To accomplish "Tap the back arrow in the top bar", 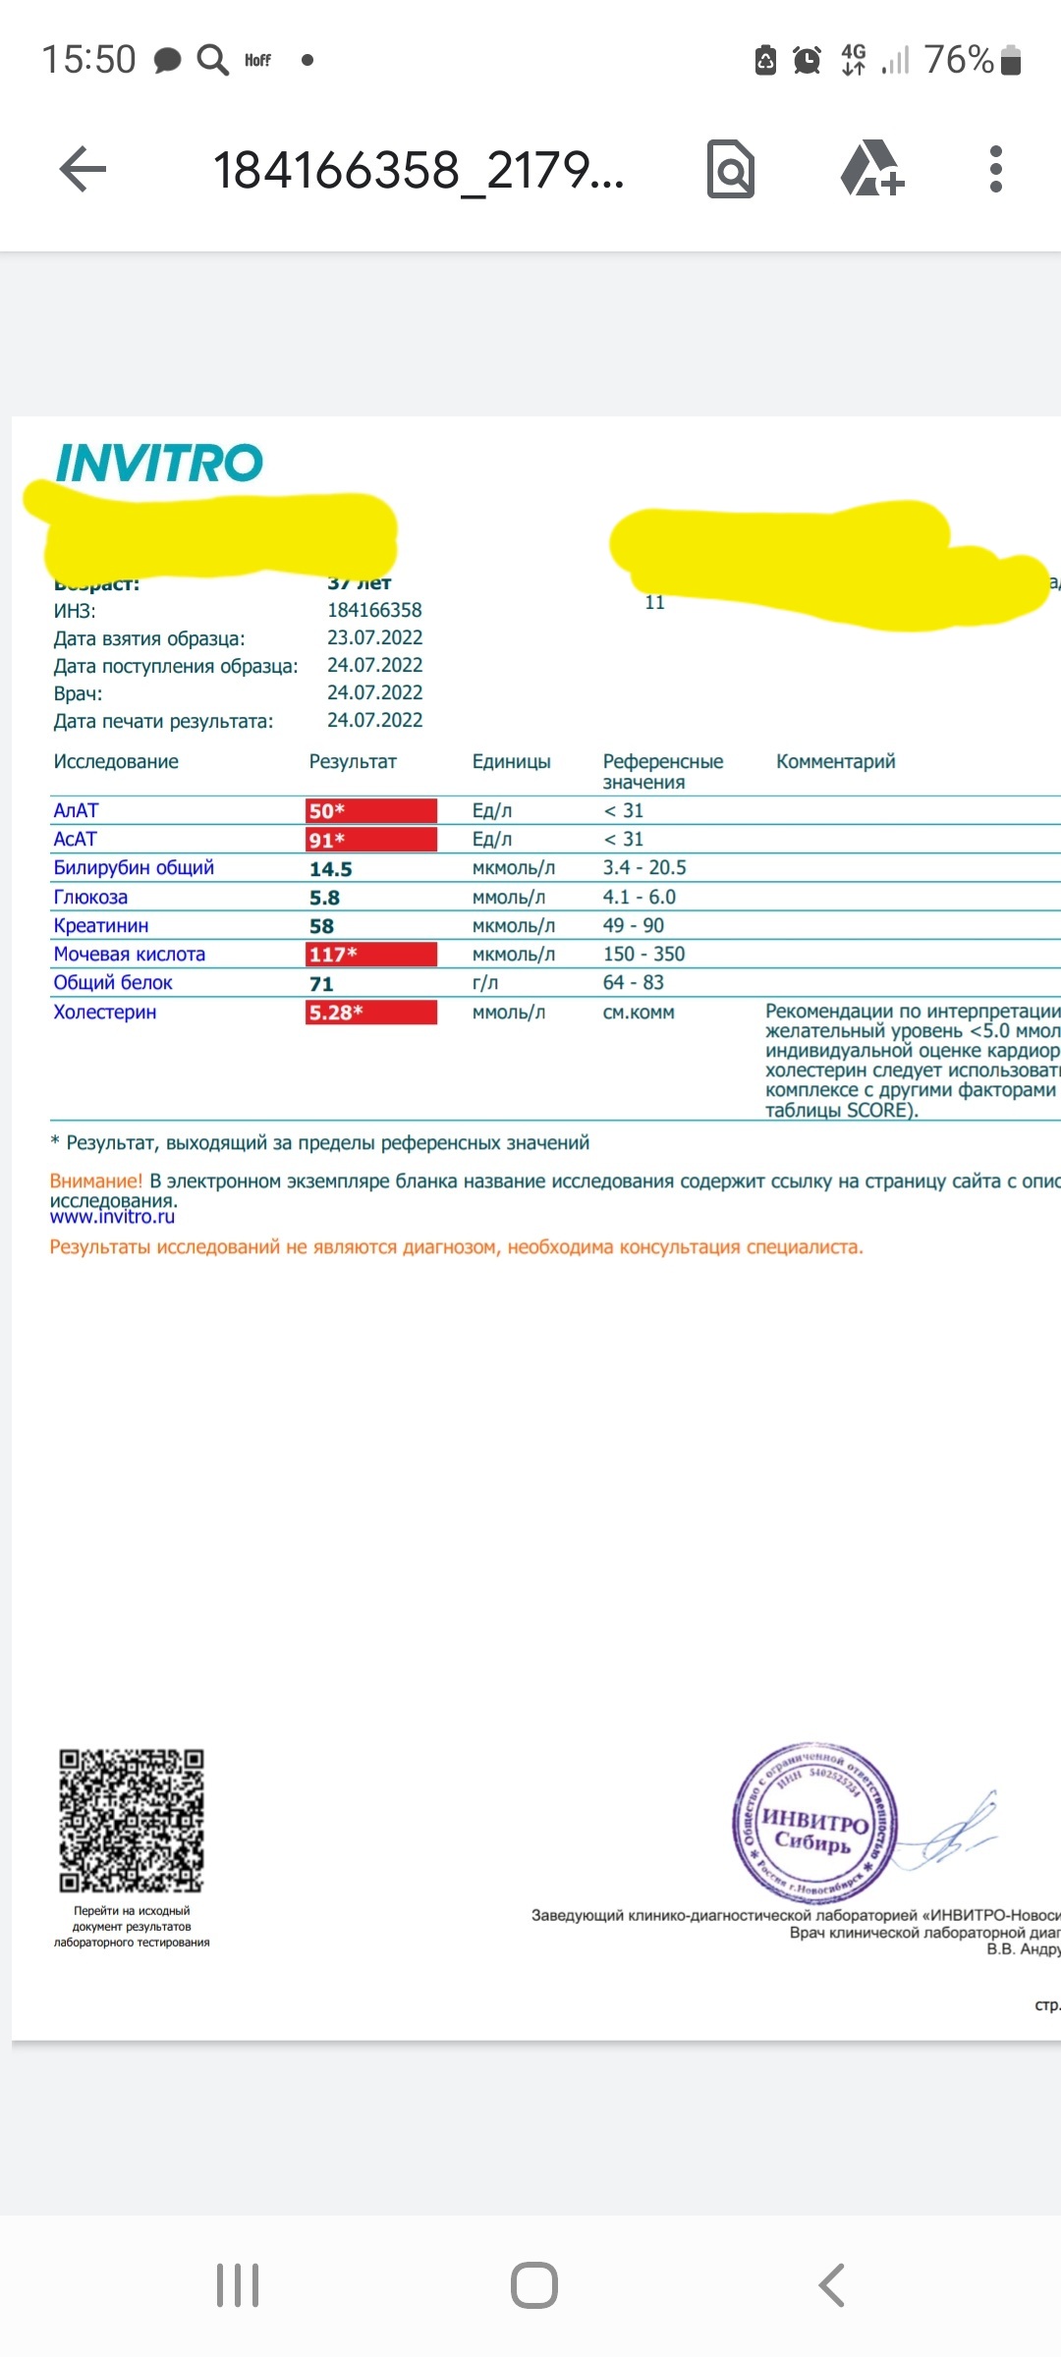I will (x=84, y=170).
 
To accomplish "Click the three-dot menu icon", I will (x=995, y=170).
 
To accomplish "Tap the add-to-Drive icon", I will (x=871, y=169).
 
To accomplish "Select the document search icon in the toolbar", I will (x=731, y=170).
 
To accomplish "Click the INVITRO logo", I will (x=159, y=464).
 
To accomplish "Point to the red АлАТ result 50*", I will (x=370, y=811).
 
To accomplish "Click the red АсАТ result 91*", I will (x=370, y=840).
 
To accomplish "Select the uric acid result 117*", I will (x=370, y=955).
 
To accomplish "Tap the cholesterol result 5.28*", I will (x=370, y=1013).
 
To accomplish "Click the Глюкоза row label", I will (x=90, y=898).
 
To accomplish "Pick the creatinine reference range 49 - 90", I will (x=634, y=926).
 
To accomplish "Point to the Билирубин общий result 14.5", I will (x=331, y=869).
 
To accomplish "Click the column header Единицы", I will (x=511, y=762).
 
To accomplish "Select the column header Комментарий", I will (x=835, y=762).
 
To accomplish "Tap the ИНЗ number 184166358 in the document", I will (x=374, y=610).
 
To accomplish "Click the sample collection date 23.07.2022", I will (x=374, y=637).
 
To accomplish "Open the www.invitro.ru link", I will (x=112, y=1217).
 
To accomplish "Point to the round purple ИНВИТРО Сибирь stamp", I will (x=814, y=1825).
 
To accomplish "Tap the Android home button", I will (x=533, y=2285).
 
